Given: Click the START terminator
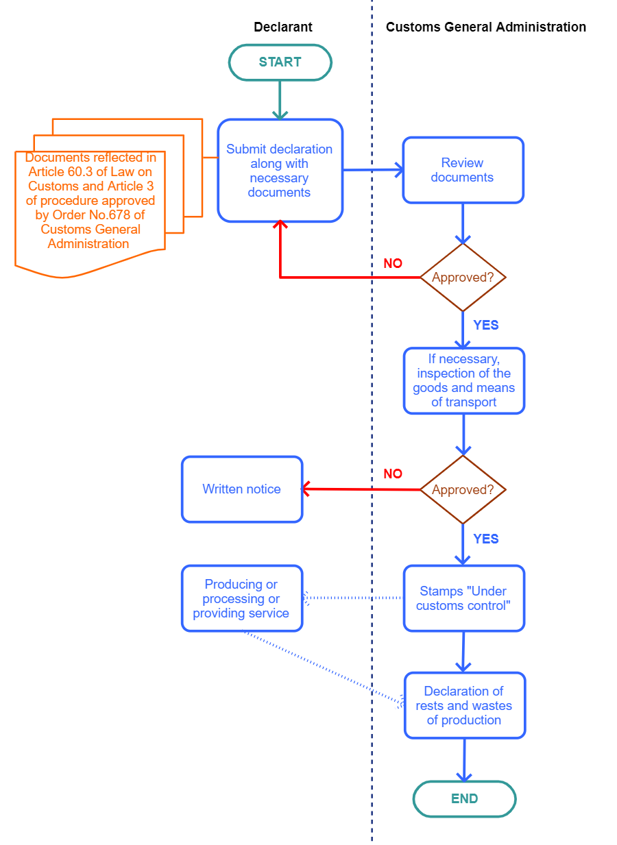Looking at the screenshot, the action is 280,62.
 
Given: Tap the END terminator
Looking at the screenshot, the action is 464,798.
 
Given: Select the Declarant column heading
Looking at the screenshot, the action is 283,27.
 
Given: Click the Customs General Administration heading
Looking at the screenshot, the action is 485,27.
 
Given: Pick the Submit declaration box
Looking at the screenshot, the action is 280,171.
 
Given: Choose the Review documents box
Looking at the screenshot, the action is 463,170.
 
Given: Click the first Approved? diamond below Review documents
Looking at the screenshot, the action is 463,278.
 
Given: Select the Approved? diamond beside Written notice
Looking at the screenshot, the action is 463,489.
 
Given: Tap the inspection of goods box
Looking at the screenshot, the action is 464,380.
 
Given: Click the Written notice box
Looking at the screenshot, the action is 242,489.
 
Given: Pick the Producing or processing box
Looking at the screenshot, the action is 242,598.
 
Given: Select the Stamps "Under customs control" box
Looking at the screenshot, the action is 464,598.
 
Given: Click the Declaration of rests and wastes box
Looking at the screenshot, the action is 465,705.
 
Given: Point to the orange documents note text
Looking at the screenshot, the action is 90,200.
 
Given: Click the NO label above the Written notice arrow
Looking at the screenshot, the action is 393,474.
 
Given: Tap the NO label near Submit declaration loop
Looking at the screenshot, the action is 393,263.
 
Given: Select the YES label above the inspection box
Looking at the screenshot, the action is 486,325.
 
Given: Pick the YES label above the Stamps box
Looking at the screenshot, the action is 486,539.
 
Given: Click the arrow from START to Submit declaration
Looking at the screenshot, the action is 280,100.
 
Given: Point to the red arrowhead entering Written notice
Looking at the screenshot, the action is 306,489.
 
